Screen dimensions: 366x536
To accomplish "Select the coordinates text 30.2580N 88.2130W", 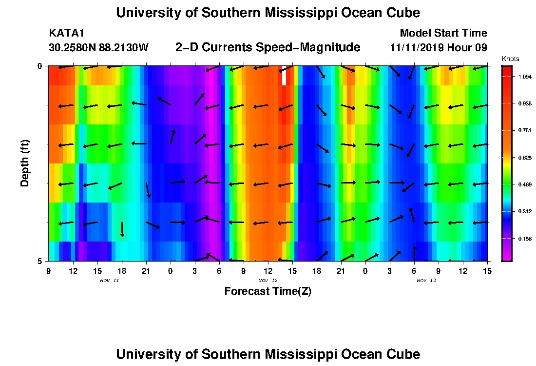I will pos(98,48).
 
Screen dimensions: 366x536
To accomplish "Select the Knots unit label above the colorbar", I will pos(510,59).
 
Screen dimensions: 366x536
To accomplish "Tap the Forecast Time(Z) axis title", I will pos(268,291).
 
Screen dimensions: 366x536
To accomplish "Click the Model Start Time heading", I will pos(443,33).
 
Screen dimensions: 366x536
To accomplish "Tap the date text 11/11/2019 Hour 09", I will pos(439,48).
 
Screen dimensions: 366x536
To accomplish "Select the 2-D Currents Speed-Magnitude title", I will pos(268,47).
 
